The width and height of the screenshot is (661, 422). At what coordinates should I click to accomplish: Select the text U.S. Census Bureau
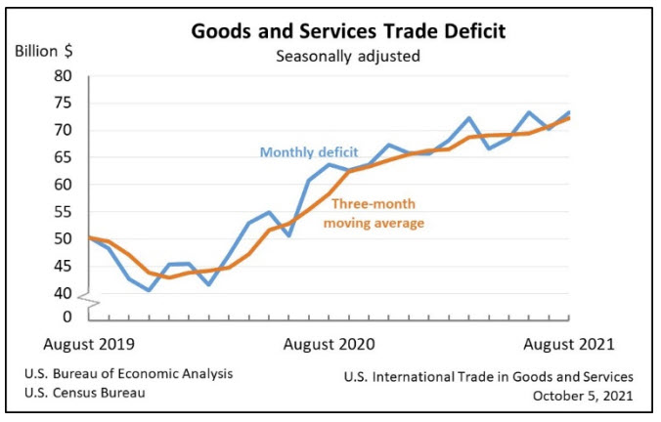coord(97,394)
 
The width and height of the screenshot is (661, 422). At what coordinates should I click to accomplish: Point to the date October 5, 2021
coord(583,395)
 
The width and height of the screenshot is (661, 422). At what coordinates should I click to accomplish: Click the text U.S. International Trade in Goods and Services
coord(489,376)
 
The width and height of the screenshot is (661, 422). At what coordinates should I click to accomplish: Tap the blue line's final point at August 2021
coord(570,112)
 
